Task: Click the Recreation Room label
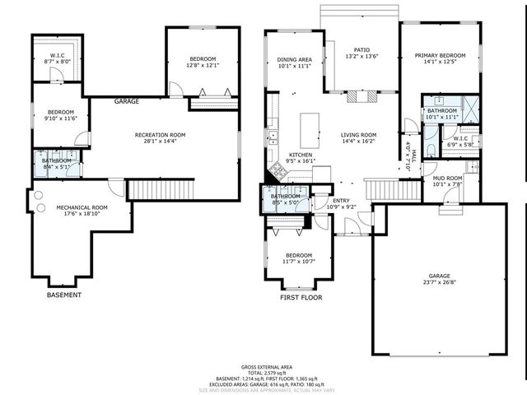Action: pos(161,135)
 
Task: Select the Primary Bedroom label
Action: pos(440,56)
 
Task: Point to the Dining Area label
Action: pos(293,60)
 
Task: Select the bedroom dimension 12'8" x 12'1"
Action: pos(203,66)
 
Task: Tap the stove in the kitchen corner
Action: pos(277,171)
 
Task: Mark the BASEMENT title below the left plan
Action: pos(63,295)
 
